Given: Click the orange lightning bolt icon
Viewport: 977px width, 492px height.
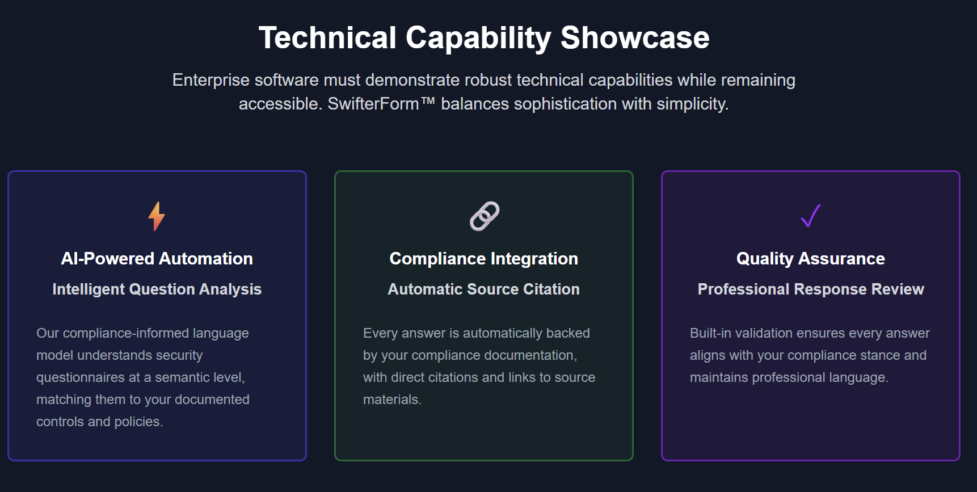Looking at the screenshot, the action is [157, 216].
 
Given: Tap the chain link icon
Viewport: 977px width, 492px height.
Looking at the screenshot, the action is [484, 216].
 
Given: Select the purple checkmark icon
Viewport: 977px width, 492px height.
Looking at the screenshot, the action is [811, 216].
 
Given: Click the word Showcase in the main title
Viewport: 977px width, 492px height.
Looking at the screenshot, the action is [635, 38].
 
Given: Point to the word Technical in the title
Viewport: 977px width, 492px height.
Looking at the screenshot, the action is [327, 38].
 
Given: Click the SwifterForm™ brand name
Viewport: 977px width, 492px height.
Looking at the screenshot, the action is [381, 104].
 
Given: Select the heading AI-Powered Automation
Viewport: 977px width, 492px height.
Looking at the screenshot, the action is [157, 259].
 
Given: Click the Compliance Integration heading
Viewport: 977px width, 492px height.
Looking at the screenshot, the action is [484, 259].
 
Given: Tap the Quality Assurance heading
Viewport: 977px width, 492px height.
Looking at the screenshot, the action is [811, 259].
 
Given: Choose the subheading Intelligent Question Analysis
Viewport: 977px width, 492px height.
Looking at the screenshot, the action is [157, 289].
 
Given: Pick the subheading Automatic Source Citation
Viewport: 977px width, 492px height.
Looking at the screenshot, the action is [484, 289].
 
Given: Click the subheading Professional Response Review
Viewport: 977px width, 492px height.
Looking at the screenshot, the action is [811, 289].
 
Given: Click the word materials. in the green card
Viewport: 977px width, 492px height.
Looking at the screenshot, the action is [392, 400].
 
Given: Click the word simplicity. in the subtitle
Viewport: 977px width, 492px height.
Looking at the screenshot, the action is [693, 104].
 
